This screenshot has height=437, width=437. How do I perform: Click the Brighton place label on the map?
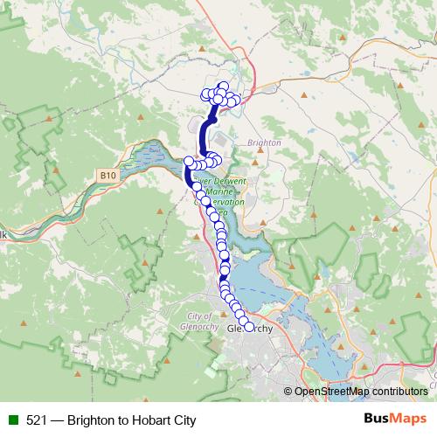click(264, 142)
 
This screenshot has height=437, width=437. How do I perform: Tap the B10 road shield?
click(108, 176)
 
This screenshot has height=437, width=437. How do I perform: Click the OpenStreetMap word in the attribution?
click(332, 392)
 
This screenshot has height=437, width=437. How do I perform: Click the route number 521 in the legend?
click(36, 420)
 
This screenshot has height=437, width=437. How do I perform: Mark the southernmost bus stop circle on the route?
click(249, 327)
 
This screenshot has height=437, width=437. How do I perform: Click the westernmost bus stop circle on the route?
click(188, 162)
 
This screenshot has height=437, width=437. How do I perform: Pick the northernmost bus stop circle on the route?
click(224, 87)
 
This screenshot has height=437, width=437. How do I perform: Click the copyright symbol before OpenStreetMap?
click(289, 392)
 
